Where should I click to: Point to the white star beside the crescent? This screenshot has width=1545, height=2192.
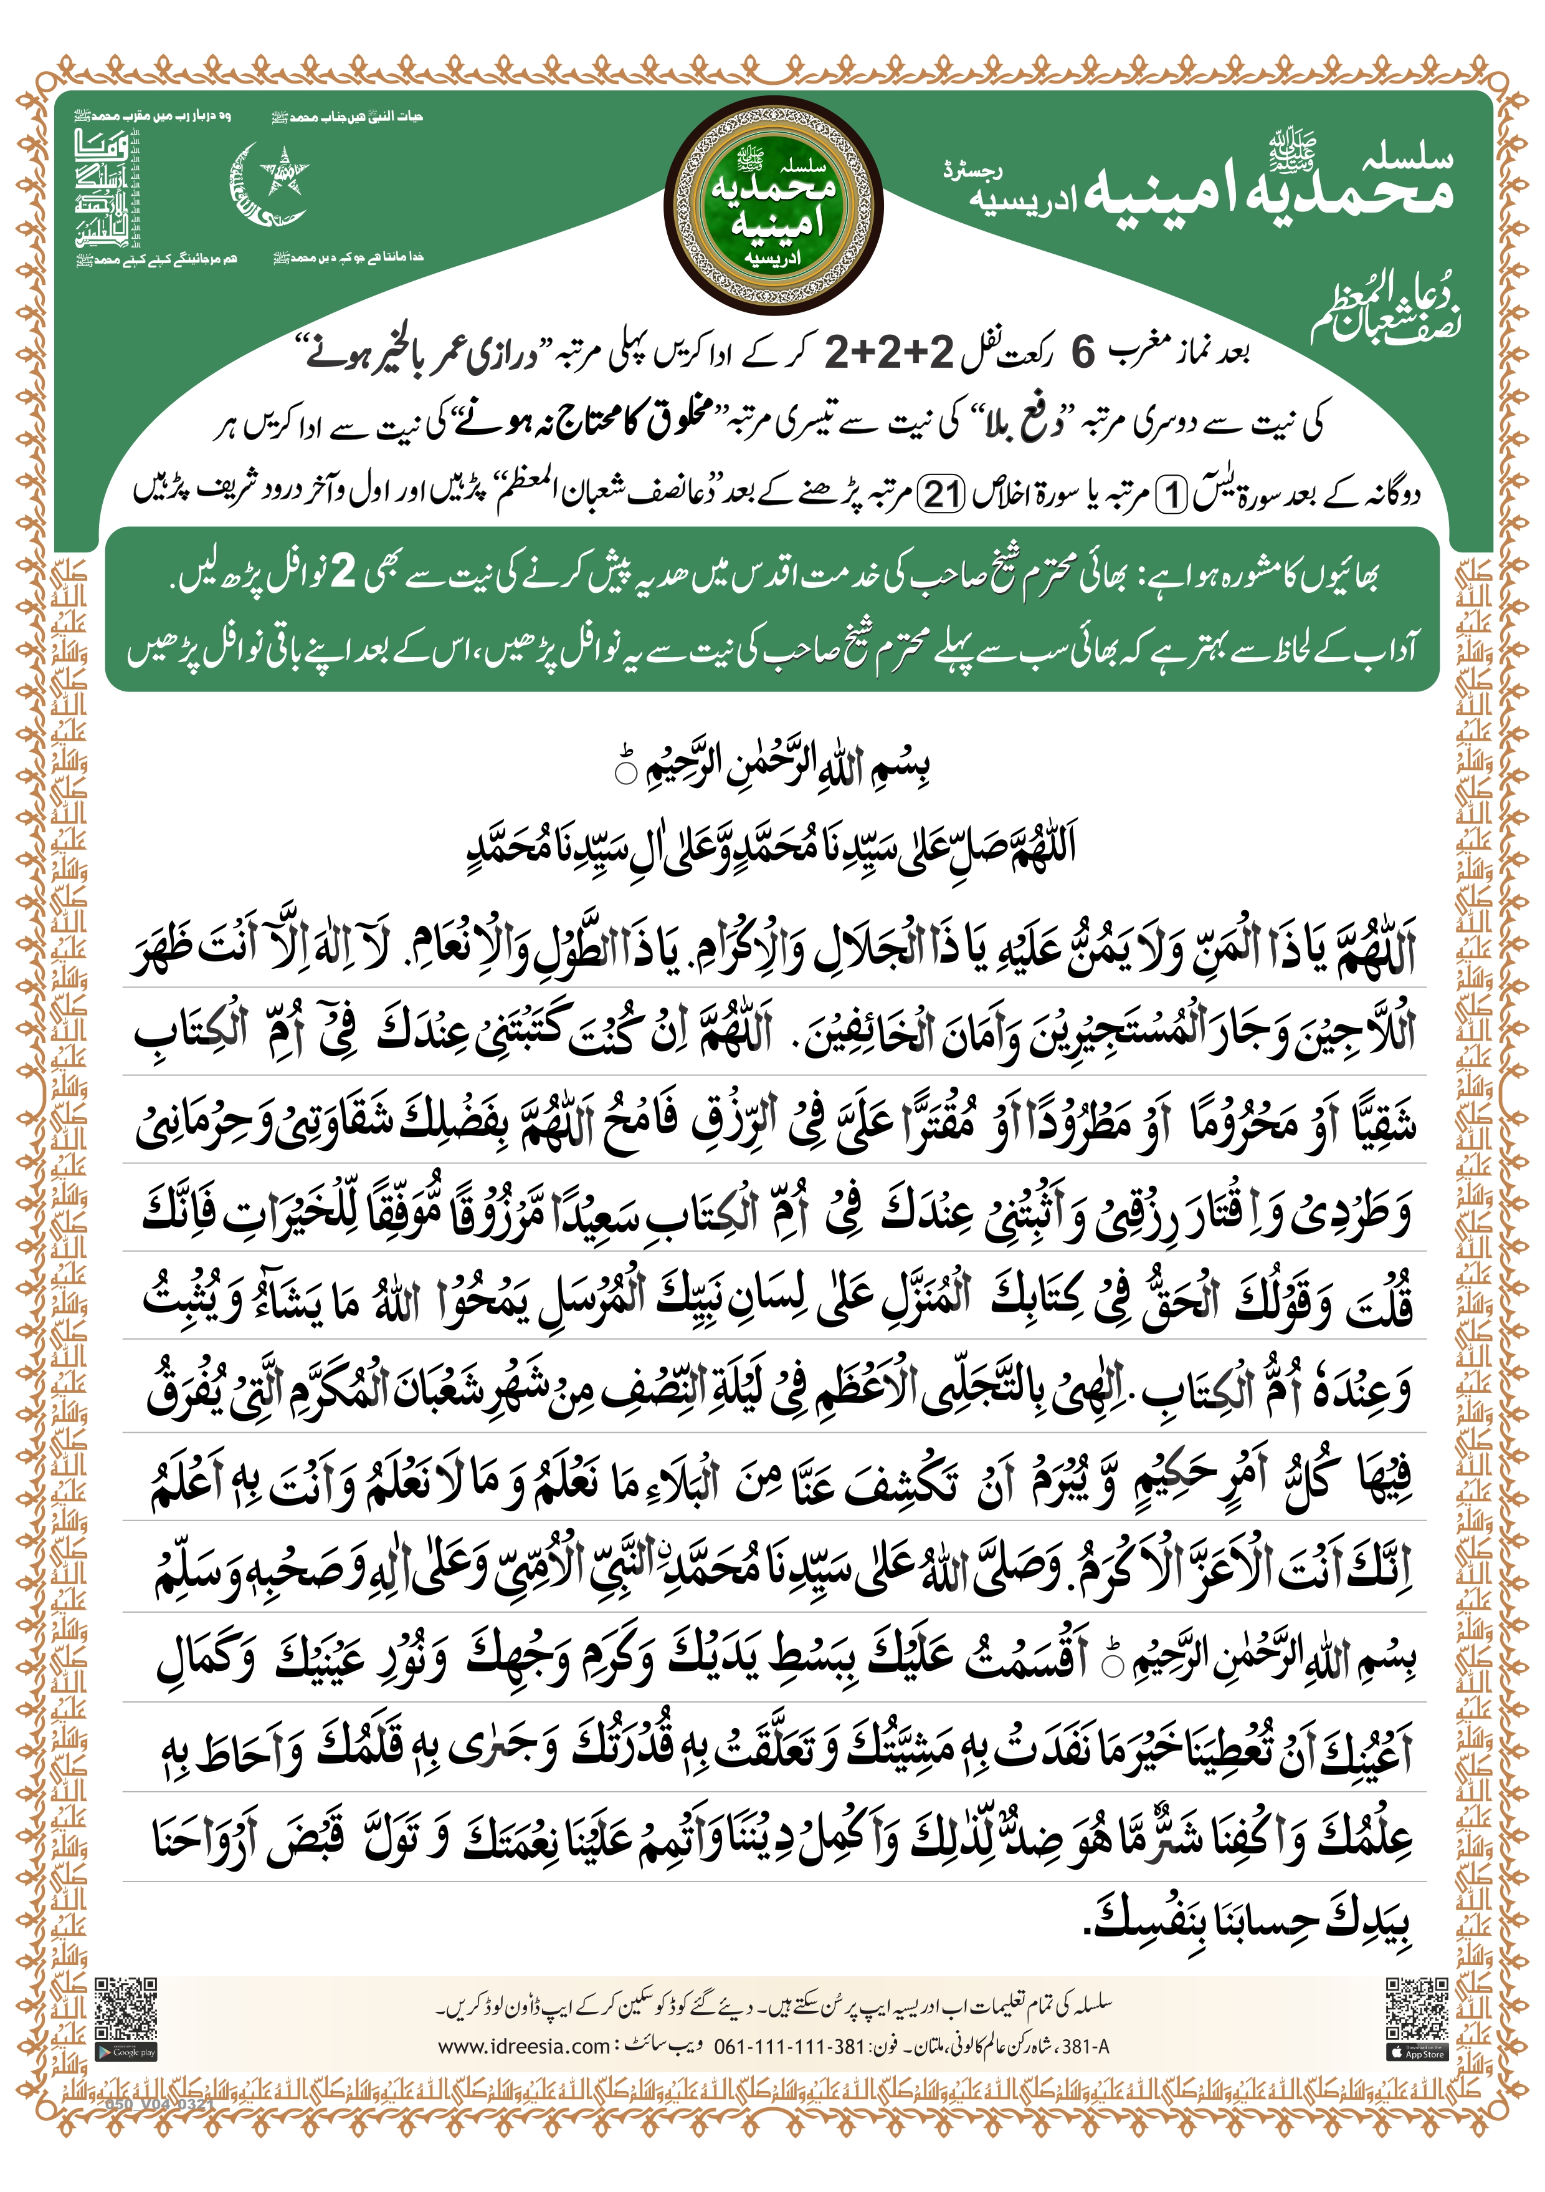click(283, 172)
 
